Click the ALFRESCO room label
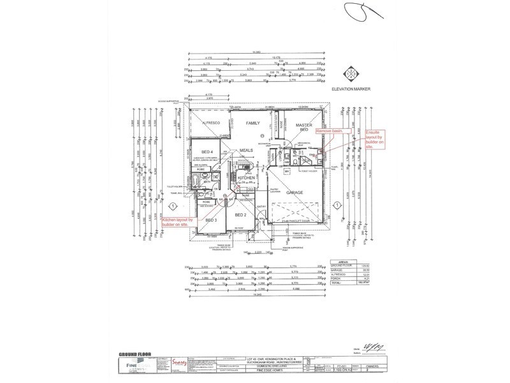211,122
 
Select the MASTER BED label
303,126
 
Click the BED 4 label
206,151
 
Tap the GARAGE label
294,191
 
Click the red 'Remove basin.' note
328,130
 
